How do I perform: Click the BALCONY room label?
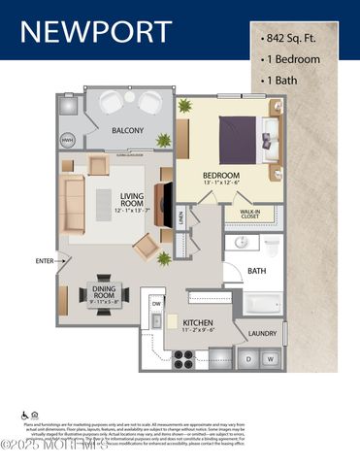click(x=128, y=131)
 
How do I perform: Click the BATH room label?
click(x=256, y=271)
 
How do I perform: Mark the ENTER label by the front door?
click(x=45, y=260)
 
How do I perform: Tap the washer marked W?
click(x=272, y=359)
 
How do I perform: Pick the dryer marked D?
click(x=250, y=359)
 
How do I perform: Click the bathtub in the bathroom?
click(x=259, y=304)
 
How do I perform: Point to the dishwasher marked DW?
click(x=156, y=305)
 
